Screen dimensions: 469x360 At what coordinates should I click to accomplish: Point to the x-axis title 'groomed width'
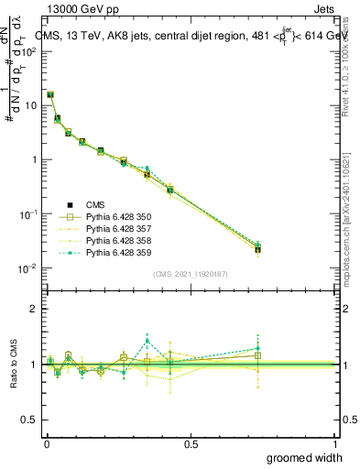[305, 457]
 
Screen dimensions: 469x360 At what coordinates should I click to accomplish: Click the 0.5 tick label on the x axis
[191, 443]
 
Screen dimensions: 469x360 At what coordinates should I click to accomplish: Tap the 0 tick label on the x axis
[47, 443]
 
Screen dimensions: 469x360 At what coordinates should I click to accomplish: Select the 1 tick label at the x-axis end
[334, 443]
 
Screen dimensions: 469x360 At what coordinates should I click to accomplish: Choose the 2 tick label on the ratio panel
[35, 309]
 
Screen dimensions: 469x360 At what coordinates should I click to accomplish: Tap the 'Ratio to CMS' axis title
[15, 364]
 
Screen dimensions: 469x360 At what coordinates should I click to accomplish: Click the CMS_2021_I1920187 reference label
[191, 274]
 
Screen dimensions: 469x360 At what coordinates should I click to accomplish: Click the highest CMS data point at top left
[50, 94]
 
